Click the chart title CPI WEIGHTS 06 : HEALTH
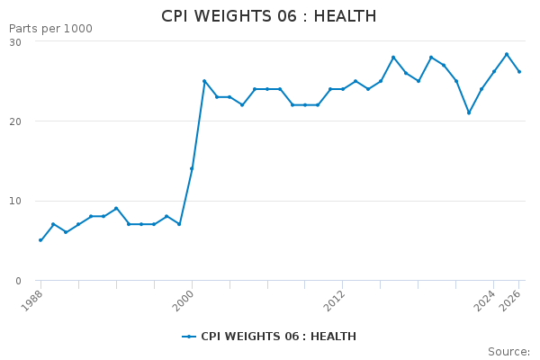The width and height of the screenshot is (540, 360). [x=269, y=16]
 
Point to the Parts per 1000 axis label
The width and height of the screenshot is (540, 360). [x=50, y=29]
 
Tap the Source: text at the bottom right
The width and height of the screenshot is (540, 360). [x=508, y=352]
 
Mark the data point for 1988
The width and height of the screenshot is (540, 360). [x=40, y=240]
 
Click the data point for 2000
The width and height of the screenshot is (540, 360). [x=192, y=168]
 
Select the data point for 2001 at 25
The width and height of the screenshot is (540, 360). [x=204, y=81]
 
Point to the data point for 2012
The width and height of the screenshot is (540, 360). [x=343, y=89]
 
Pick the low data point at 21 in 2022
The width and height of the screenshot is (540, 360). [x=469, y=112]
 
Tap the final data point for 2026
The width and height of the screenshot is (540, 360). [x=519, y=72]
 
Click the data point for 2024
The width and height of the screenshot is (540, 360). [x=494, y=72]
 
